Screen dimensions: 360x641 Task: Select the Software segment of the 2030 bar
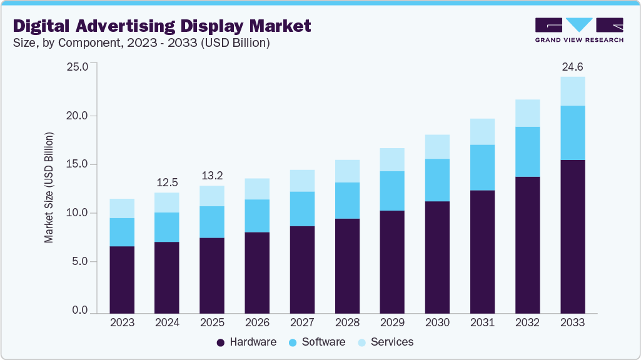click(437, 180)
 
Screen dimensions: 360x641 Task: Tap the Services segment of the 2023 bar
click(122, 208)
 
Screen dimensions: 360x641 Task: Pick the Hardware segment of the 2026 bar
click(257, 272)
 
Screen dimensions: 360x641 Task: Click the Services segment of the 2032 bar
click(527, 113)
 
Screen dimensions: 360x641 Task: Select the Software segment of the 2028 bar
click(347, 200)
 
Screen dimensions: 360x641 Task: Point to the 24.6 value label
click(572, 66)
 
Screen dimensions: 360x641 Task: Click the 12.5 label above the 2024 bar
click(167, 182)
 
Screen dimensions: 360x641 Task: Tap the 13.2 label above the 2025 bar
click(212, 176)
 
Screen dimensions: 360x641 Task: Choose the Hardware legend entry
click(246, 342)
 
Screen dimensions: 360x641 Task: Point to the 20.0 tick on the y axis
click(79, 116)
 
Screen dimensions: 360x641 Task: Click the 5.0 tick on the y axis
click(81, 262)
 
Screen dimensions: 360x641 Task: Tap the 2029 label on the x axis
click(392, 322)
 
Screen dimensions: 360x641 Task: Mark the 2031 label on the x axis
click(482, 322)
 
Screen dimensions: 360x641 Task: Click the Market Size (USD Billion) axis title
click(49, 187)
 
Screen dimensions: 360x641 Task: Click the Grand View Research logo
click(578, 29)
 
